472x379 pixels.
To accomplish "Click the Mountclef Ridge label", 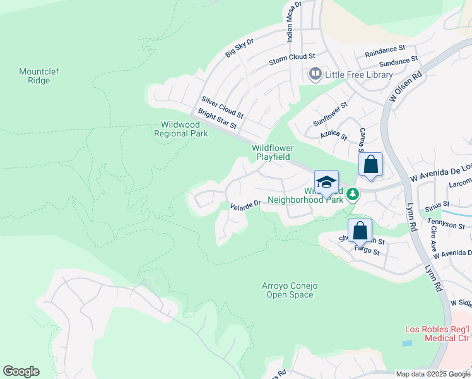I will coord(38,76).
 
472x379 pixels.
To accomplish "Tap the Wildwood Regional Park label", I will coord(181,129).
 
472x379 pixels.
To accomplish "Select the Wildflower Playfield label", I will coord(273,152).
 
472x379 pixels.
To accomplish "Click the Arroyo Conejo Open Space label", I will coord(290,291).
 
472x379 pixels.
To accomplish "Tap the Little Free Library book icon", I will coord(315,75).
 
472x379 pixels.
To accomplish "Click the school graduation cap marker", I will coord(326,183).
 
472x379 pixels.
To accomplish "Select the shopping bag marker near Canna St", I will coord(371,165).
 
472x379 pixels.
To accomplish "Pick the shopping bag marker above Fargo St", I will coord(360,231).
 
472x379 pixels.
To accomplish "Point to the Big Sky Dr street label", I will coord(239,48).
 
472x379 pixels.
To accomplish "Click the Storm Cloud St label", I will coord(292,58).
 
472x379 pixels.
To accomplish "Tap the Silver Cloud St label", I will coord(222,107).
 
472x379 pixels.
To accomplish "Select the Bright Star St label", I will coord(217,119).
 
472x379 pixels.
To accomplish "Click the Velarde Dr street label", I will coord(245,205).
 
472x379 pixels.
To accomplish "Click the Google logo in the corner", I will coord(21,371).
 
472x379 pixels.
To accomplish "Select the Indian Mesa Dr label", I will coord(294,21).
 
